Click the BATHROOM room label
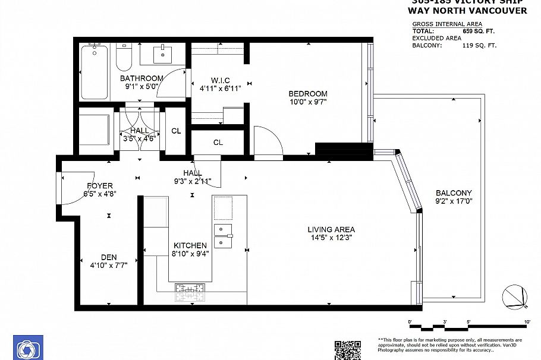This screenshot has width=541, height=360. click(x=141, y=78)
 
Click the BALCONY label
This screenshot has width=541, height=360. click(x=454, y=192)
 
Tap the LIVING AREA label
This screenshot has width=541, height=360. click(x=331, y=229)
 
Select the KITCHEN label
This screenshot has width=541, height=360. click(x=190, y=245)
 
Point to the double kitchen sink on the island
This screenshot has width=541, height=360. click(x=224, y=235)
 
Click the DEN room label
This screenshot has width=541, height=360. click(x=108, y=257)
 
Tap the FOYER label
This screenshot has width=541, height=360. click(x=99, y=185)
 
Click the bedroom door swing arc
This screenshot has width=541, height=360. click(x=267, y=141)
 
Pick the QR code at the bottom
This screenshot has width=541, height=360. click(x=347, y=350)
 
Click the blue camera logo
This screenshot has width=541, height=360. click(x=28, y=348)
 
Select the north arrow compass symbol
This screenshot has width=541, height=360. click(x=514, y=295)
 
